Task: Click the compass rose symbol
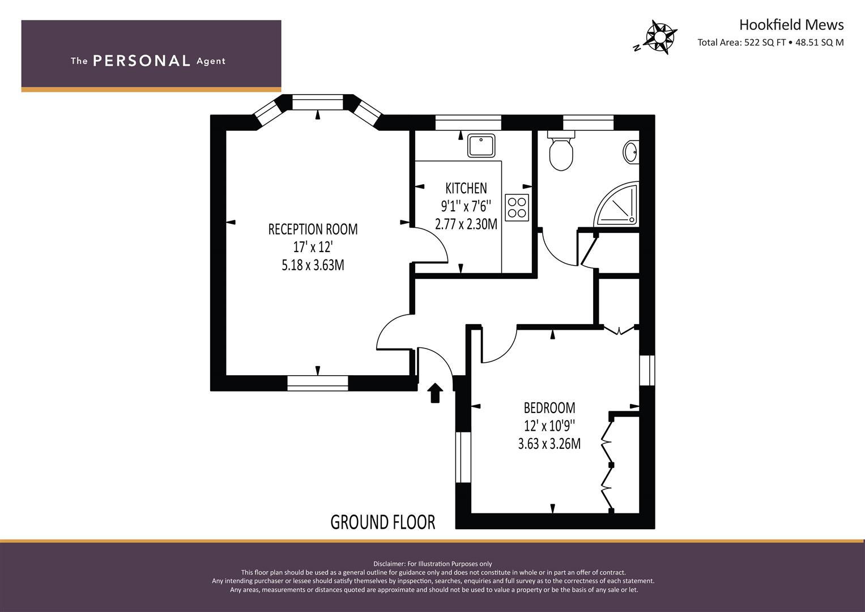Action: pyautogui.click(x=659, y=37)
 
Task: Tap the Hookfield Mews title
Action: pyautogui.click(x=791, y=25)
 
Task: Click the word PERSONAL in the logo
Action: pyautogui.click(x=142, y=61)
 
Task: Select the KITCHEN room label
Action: pyautogui.click(x=466, y=188)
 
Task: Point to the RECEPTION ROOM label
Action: pyautogui.click(x=313, y=229)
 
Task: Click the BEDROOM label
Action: pyautogui.click(x=549, y=407)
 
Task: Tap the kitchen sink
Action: pyautogui.click(x=481, y=146)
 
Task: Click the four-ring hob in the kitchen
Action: pyautogui.click(x=517, y=207)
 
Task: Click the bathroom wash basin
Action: pyautogui.click(x=631, y=152)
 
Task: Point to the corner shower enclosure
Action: pyautogui.click(x=616, y=204)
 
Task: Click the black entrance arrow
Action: pyautogui.click(x=435, y=393)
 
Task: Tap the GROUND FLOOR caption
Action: pyautogui.click(x=383, y=522)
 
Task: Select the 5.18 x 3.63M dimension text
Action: pyautogui.click(x=313, y=265)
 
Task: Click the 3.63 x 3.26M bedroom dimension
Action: pyautogui.click(x=549, y=444)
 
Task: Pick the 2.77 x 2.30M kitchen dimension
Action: pyautogui.click(x=466, y=224)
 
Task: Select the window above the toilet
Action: pyautogui.click(x=588, y=122)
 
